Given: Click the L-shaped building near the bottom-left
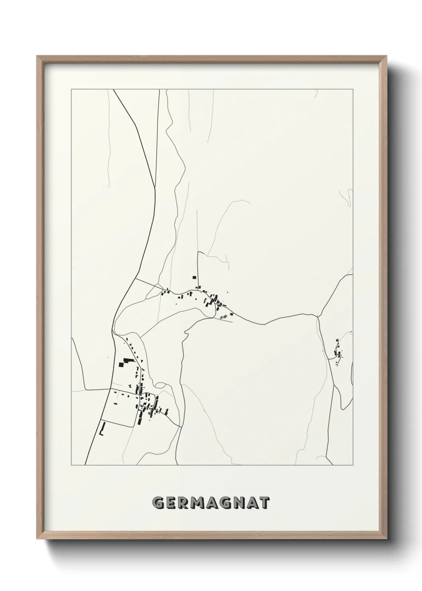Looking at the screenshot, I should click(102, 429).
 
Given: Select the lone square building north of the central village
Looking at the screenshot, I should click(195, 277).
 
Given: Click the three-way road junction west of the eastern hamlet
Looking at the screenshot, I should click(317, 317).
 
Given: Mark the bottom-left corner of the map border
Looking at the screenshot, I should click(71, 465).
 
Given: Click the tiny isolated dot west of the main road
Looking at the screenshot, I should click(107, 357).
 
